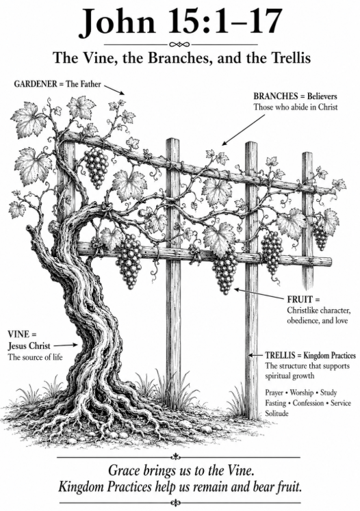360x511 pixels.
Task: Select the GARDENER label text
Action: click(x=36, y=83)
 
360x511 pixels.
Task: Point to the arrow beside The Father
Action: click(x=114, y=90)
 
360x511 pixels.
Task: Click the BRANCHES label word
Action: click(x=276, y=96)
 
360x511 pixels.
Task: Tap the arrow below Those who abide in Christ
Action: click(x=243, y=130)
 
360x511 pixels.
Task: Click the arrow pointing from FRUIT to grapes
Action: click(x=259, y=293)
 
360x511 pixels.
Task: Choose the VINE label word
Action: click(x=19, y=335)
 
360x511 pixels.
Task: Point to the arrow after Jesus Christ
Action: click(x=66, y=345)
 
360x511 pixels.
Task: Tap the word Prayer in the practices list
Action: click(x=274, y=393)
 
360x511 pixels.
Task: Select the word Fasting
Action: click(x=276, y=403)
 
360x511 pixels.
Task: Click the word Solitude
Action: click(x=277, y=413)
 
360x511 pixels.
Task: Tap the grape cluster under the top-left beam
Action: click(x=97, y=168)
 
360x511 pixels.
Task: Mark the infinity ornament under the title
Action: click(x=180, y=44)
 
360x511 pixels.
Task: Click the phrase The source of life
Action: click(x=35, y=357)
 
